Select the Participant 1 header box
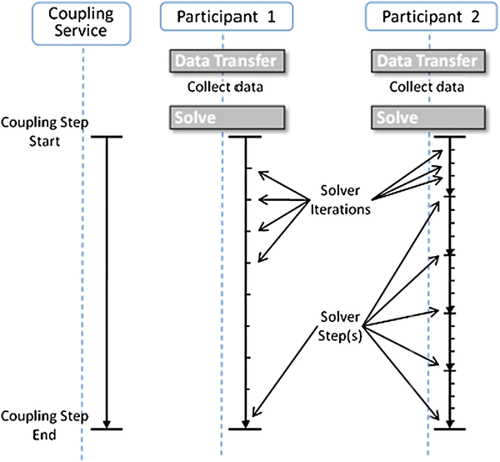(222, 17)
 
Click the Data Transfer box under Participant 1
(225, 61)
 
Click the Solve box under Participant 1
(225, 117)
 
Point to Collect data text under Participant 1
(224, 87)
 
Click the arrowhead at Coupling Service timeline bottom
(107, 422)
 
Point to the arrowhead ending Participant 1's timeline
(246, 422)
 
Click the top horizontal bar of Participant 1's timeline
(246, 137)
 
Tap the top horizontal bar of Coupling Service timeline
(107, 137)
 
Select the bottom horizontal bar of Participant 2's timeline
(450, 429)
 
